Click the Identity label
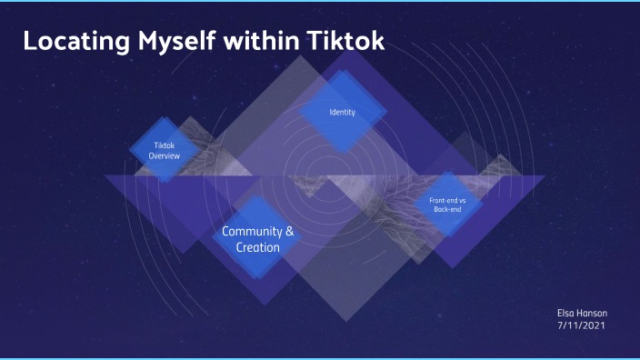(x=342, y=113)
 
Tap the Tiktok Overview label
(x=165, y=151)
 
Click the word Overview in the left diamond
(x=165, y=156)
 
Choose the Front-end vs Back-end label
(x=447, y=204)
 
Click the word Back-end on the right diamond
(x=447, y=209)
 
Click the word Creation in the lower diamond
(x=258, y=247)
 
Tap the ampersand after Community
(x=290, y=232)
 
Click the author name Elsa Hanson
(x=582, y=312)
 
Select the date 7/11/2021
(x=581, y=325)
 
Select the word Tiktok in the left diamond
(x=165, y=145)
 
